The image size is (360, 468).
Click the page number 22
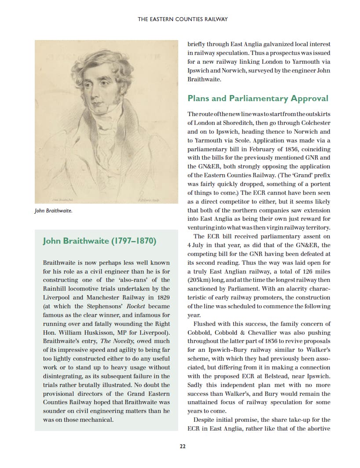click(183, 446)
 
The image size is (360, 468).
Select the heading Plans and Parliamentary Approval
click(258, 98)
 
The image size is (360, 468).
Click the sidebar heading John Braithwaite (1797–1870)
click(99, 241)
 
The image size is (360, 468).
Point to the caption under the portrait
click(53, 211)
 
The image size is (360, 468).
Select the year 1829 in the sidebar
click(161, 297)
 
